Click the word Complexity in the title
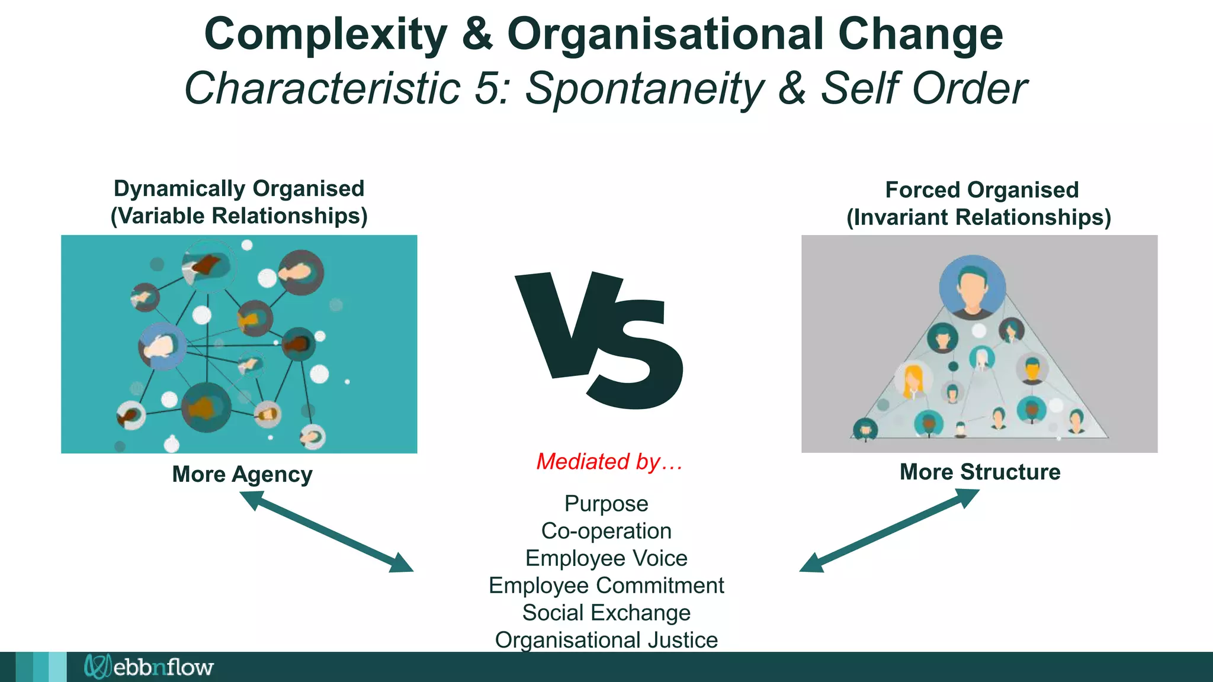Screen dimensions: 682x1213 (325, 34)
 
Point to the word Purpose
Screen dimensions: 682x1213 (606, 504)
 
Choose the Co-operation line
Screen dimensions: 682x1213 (606, 531)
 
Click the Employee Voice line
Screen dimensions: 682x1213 (606, 558)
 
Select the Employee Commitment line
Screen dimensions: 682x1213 (606, 586)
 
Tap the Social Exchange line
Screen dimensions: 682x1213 (606, 613)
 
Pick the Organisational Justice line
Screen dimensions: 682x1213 (606, 640)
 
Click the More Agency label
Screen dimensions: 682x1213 (242, 474)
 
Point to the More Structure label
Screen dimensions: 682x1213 (980, 472)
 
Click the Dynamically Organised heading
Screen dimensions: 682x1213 (239, 189)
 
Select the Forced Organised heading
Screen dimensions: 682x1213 (981, 190)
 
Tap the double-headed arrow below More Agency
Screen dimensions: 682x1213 (326, 532)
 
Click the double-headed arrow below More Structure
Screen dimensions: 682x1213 (889, 530)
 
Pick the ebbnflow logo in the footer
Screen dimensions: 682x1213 (149, 667)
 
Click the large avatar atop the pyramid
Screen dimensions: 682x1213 (972, 287)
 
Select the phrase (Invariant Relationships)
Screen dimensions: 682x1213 (978, 217)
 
